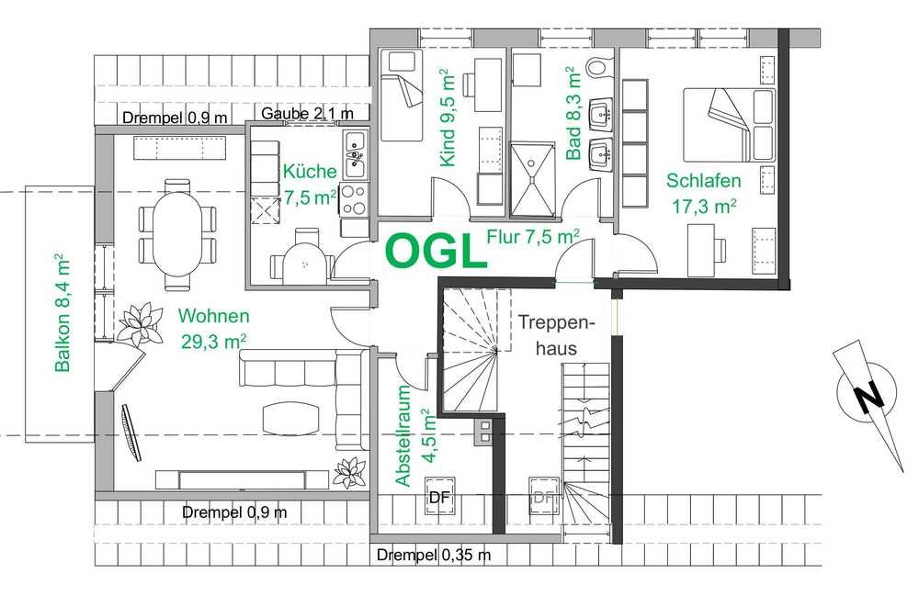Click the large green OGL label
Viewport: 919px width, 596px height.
click(x=436, y=251)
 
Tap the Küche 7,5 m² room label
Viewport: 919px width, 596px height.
click(x=310, y=185)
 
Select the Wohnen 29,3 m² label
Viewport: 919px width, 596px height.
click(x=213, y=329)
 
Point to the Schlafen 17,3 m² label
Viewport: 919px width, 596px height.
click(x=703, y=193)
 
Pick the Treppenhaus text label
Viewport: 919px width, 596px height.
click(x=556, y=335)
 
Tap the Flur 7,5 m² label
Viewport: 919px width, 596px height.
click(x=533, y=237)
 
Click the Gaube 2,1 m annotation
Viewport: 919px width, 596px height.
click(x=307, y=113)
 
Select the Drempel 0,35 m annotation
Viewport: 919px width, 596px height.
click(x=434, y=555)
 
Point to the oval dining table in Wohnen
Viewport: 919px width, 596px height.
click(x=177, y=234)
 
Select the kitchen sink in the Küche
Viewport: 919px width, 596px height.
click(x=355, y=154)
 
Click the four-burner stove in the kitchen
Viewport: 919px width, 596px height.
click(x=354, y=199)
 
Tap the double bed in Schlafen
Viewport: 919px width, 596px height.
click(x=729, y=124)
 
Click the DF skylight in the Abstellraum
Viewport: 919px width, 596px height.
click(x=439, y=497)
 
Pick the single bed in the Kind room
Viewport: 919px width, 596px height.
click(x=402, y=95)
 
